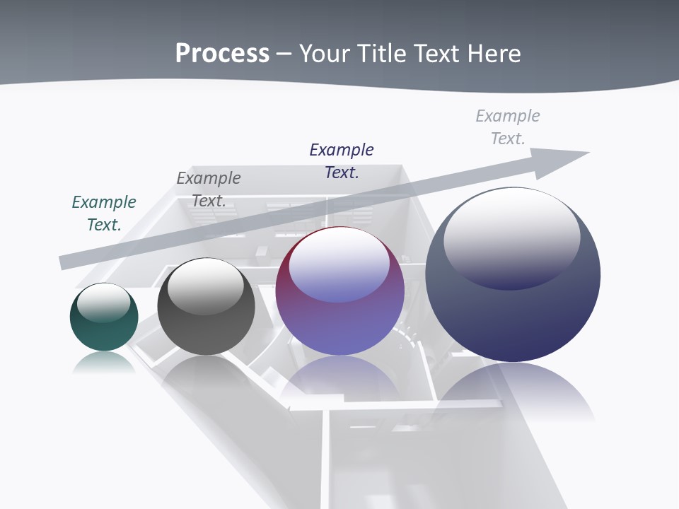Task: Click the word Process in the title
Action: pos(222,54)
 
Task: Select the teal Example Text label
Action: pos(104,213)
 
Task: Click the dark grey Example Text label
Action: pos(209,189)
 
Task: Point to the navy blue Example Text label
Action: pos(342,161)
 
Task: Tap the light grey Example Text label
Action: pos(508,127)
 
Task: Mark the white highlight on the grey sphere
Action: pos(205,286)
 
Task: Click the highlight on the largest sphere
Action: pos(511,237)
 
